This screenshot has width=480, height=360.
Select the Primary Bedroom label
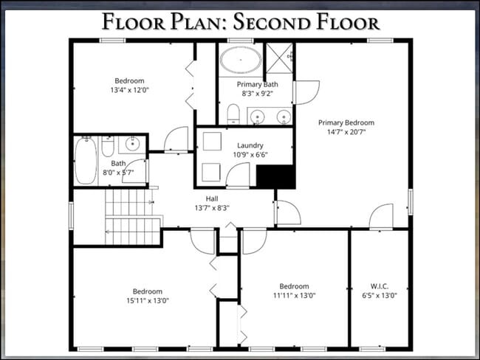click(346, 122)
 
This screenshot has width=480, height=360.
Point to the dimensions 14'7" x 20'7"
click(346, 131)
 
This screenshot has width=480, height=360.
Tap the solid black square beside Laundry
click(275, 177)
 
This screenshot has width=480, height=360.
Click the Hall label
click(212, 198)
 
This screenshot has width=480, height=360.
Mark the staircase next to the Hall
click(133, 217)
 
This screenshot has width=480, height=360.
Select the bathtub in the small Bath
click(85, 161)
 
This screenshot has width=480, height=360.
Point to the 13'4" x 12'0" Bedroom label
click(129, 80)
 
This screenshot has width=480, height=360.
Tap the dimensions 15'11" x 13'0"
click(147, 300)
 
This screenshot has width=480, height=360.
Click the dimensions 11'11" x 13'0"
click(294, 296)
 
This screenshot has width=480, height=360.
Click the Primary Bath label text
click(257, 85)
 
